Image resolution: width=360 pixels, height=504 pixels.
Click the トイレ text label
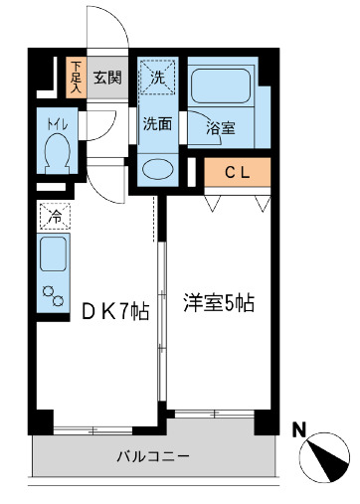(54, 126)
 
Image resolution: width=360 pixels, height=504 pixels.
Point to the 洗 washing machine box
(157, 75)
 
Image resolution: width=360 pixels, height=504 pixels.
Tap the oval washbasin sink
(156, 167)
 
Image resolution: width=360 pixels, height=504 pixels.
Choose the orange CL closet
(238, 172)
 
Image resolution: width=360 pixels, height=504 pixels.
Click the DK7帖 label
(114, 310)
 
